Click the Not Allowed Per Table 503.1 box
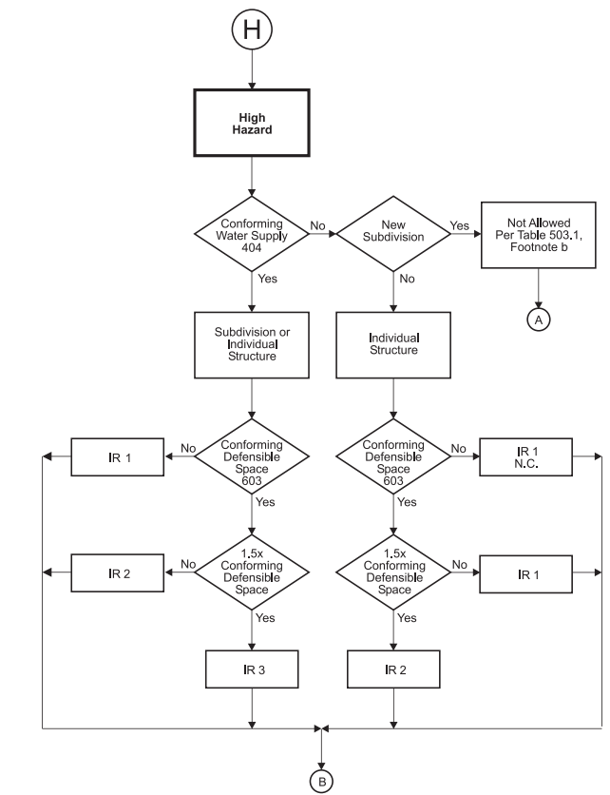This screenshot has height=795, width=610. (x=540, y=234)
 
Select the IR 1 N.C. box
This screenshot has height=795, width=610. (x=525, y=457)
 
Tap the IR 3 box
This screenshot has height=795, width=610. (x=252, y=669)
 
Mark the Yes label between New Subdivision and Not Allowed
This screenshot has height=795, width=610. (x=458, y=227)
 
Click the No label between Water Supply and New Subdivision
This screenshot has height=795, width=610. (x=317, y=227)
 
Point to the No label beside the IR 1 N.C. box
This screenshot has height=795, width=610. (x=460, y=448)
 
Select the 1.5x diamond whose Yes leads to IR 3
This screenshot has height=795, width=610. (x=252, y=572)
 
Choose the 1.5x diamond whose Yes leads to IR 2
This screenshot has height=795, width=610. (x=394, y=572)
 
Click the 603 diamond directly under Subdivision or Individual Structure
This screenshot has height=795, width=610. (x=252, y=457)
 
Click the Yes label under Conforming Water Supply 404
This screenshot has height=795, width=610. (x=268, y=279)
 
